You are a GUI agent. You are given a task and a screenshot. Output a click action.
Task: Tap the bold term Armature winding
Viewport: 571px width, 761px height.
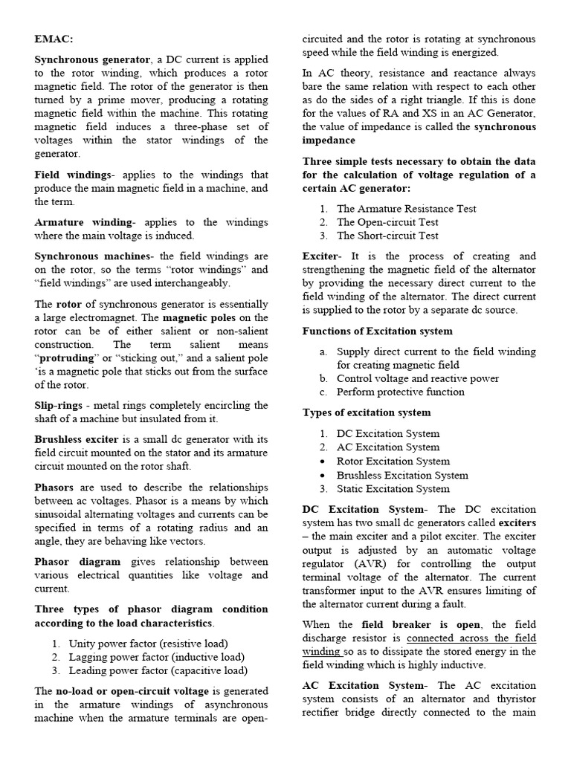[x=84, y=222]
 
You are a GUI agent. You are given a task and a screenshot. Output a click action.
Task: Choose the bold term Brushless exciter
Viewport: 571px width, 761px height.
[x=77, y=440]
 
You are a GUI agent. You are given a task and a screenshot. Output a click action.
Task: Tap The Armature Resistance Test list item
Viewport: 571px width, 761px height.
[x=406, y=209]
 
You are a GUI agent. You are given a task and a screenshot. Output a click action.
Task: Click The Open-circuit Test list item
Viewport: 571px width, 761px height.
[x=387, y=222]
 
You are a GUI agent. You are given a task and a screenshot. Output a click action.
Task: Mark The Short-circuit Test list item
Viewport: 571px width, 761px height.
[x=387, y=236]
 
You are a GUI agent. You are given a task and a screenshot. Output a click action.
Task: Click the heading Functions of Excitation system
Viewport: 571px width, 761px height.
[x=377, y=331]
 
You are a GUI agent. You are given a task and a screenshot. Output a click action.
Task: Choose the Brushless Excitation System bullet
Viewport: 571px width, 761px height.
[x=402, y=475]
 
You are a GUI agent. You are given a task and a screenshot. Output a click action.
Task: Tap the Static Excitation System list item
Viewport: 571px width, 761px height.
[x=393, y=488]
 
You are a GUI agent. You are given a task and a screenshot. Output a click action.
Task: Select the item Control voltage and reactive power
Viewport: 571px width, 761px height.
[x=417, y=378]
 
